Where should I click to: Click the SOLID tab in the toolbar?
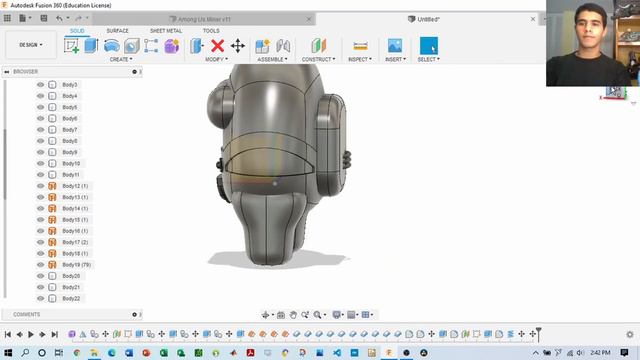pyautogui.click(x=77, y=31)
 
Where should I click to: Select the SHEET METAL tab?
pyautogui.click(x=166, y=31)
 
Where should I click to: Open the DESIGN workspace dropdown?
pyautogui.click(x=30, y=45)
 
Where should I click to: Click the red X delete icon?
pyautogui.click(x=217, y=46)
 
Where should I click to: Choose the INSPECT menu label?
pyautogui.click(x=360, y=59)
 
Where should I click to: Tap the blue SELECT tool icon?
pyautogui.click(x=428, y=46)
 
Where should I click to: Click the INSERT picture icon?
pyautogui.click(x=395, y=46)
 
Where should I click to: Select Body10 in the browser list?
pyautogui.click(x=71, y=163)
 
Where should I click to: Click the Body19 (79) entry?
pyautogui.click(x=76, y=264)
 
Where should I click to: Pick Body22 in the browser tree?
pyautogui.click(x=71, y=298)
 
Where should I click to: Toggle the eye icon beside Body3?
pyautogui.click(x=41, y=85)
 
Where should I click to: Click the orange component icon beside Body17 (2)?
pyautogui.click(x=52, y=242)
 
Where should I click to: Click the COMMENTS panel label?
pyautogui.click(x=27, y=314)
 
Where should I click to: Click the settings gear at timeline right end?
pyautogui.click(x=629, y=334)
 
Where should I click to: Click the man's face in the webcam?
pyautogui.click(x=592, y=40)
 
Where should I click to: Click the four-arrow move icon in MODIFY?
pyautogui.click(x=238, y=46)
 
